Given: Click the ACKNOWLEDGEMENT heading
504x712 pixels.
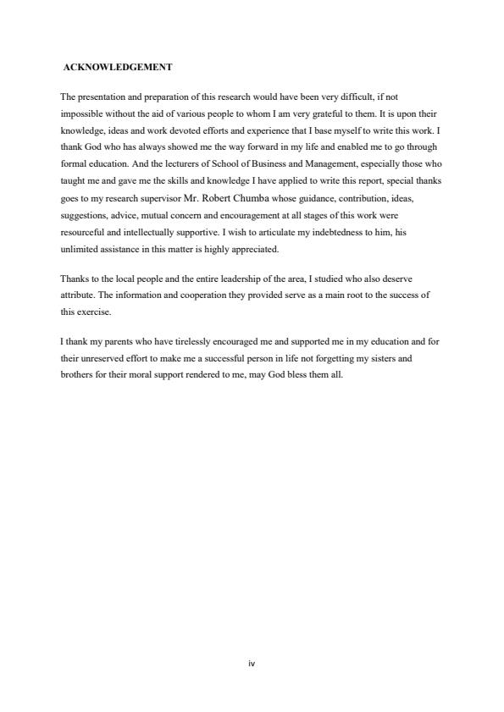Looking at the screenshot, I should [118, 67].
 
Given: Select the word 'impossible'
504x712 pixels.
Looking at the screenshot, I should [80, 113].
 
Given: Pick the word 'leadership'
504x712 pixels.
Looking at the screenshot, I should [224, 279].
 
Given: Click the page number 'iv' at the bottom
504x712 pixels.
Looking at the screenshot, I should [252, 664].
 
